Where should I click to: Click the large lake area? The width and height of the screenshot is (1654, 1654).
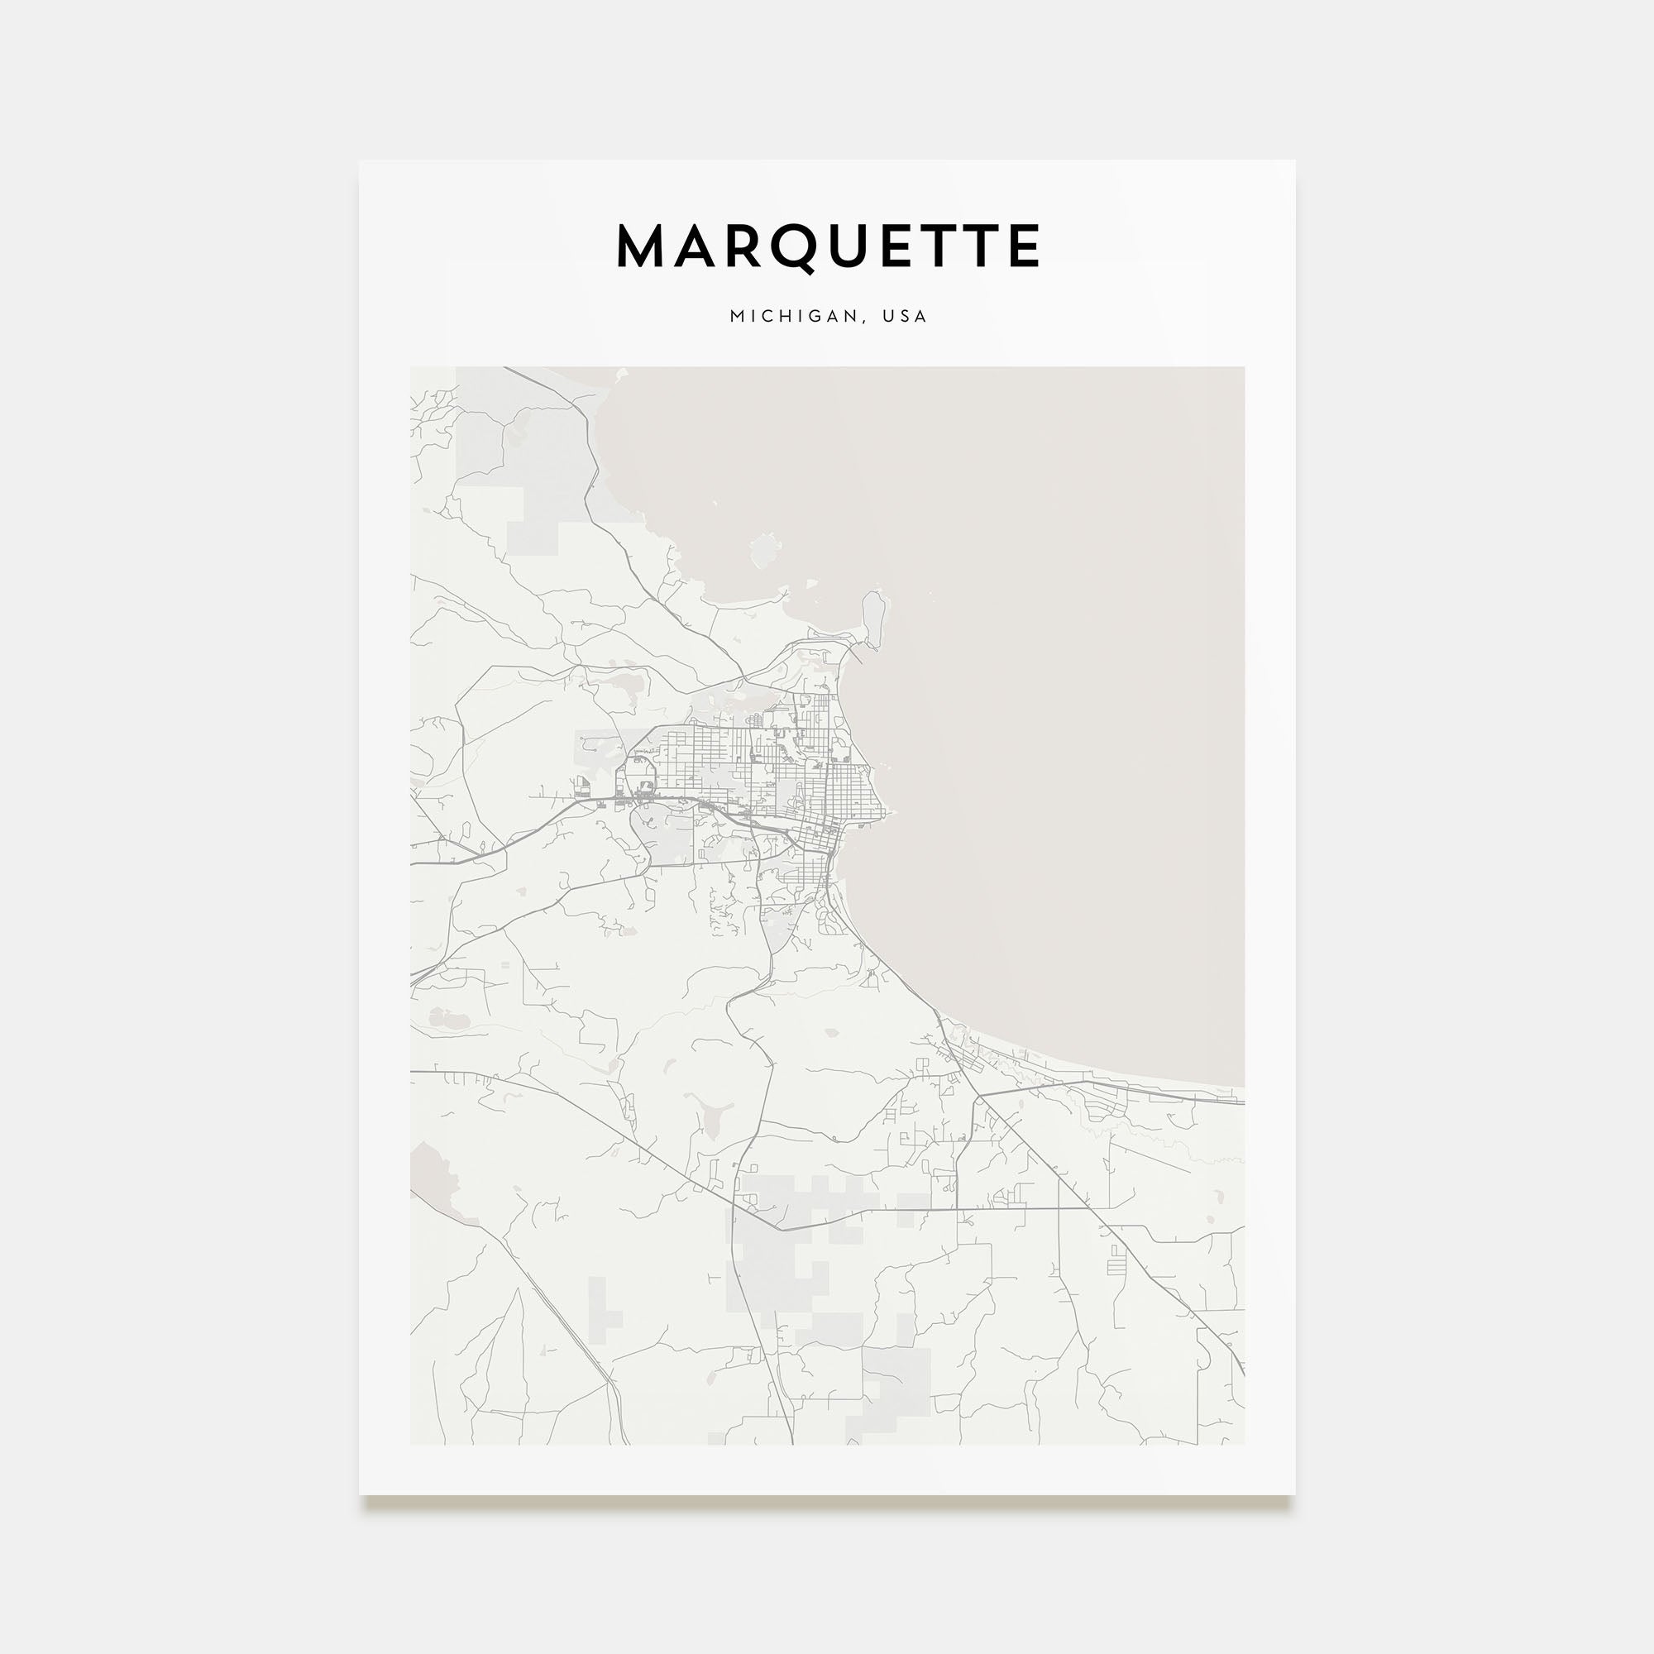pos(1027,685)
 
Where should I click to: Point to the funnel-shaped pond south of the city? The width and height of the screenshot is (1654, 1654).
pos(713,1117)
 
